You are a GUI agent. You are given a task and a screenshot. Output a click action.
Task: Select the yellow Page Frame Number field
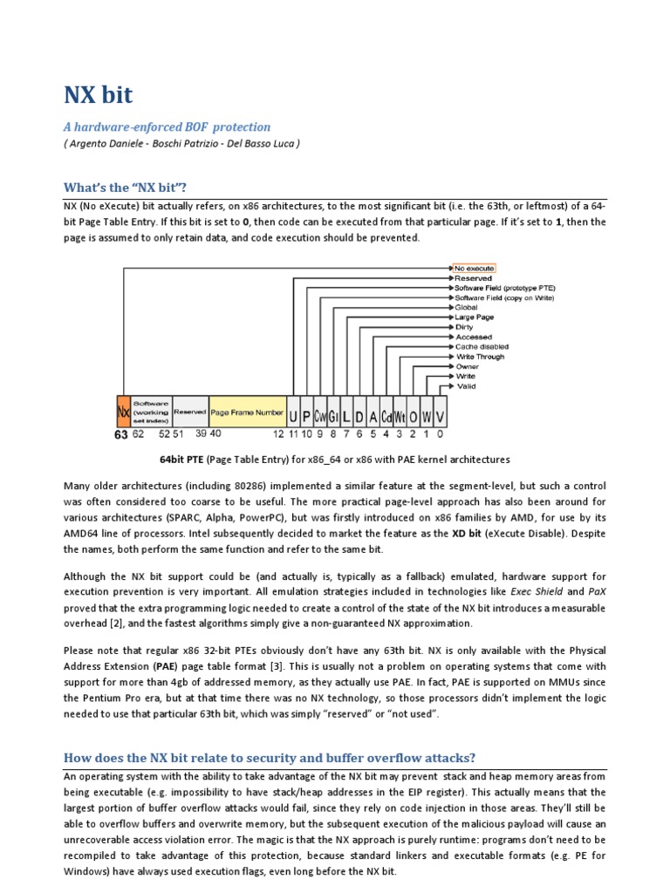coord(247,412)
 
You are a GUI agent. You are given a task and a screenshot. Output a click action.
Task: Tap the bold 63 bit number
coord(121,434)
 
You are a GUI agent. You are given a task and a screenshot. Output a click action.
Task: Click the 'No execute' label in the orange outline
coord(474,268)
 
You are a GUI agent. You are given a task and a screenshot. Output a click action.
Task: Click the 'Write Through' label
coord(481,357)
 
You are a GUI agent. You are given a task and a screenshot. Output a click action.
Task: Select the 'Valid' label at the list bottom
coord(467,385)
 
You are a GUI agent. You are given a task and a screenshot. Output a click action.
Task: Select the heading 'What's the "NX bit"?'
coord(124,187)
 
